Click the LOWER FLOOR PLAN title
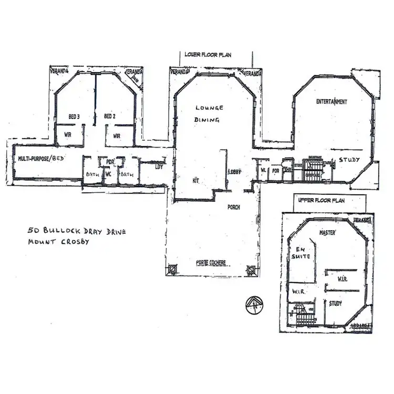click(208, 54)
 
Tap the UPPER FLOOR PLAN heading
click(320, 201)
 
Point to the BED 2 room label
click(109, 116)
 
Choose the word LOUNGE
click(209, 108)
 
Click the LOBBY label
click(234, 172)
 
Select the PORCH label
click(233, 207)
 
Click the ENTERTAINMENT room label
click(331, 102)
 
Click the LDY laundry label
click(158, 167)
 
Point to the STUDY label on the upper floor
click(335, 303)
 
